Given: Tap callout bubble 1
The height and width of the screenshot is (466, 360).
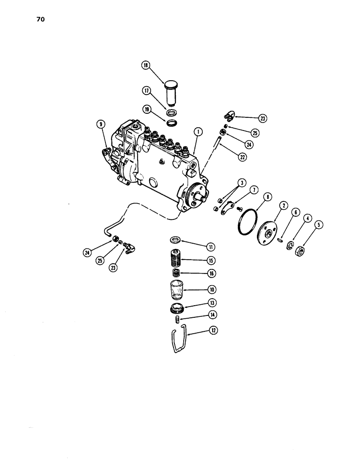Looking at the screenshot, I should point(199,132).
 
